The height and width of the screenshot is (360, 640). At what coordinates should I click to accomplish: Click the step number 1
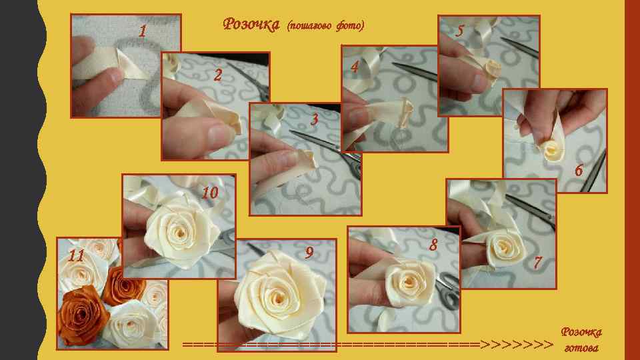click(x=143, y=31)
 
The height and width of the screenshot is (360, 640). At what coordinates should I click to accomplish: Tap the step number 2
click(x=218, y=75)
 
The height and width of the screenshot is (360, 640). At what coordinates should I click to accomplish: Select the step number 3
click(x=314, y=119)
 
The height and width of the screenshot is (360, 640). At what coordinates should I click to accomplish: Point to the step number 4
click(x=354, y=67)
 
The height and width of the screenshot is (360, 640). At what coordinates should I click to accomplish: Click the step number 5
click(x=460, y=30)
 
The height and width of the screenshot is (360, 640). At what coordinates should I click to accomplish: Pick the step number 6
click(x=579, y=170)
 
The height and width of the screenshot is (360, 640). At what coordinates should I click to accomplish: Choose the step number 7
click(x=538, y=263)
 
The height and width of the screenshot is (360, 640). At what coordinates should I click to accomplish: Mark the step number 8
click(x=433, y=245)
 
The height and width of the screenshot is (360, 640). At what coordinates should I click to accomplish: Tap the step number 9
click(x=309, y=253)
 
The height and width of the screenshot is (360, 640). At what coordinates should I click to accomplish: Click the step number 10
click(x=210, y=192)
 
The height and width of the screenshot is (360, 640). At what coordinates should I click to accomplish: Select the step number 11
click(x=76, y=256)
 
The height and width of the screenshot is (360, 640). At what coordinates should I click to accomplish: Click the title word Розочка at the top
click(x=251, y=24)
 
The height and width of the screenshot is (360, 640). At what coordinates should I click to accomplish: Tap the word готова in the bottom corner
click(x=581, y=348)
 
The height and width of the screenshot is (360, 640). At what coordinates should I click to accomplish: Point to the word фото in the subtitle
click(x=350, y=26)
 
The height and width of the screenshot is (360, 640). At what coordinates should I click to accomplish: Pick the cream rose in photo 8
click(x=409, y=282)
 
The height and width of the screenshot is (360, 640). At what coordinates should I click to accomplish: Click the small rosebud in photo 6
click(x=552, y=150)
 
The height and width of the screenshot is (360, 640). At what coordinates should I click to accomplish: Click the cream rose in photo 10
click(x=181, y=231)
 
